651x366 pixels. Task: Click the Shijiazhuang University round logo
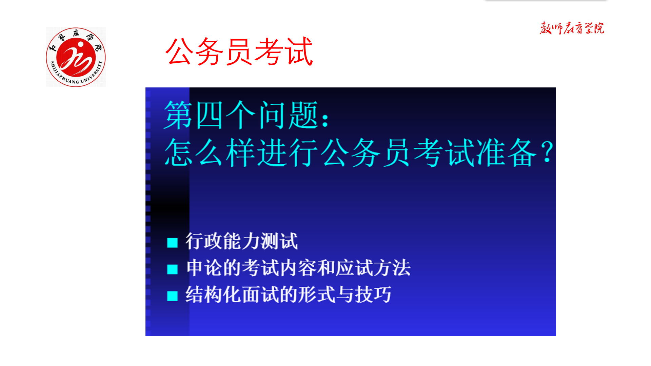pyautogui.click(x=76, y=57)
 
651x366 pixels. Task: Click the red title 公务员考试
pyautogui.click(x=239, y=51)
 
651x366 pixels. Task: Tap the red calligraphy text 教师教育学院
pyautogui.click(x=572, y=28)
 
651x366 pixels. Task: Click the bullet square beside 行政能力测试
pyautogui.click(x=172, y=243)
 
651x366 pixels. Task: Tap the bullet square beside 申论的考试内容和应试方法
pyautogui.click(x=172, y=269)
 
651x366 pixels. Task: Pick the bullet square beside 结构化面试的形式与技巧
pyautogui.click(x=172, y=296)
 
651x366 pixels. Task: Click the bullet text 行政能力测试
pyautogui.click(x=241, y=241)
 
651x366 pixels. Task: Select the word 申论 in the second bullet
pyautogui.click(x=204, y=268)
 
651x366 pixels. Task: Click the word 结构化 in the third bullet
pyautogui.click(x=213, y=294)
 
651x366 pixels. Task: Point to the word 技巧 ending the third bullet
pyautogui.click(x=373, y=294)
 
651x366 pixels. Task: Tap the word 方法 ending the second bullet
pyautogui.click(x=392, y=268)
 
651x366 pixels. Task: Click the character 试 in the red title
pyautogui.click(x=299, y=51)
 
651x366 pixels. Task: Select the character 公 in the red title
pyautogui.click(x=180, y=51)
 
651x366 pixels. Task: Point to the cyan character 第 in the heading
pyautogui.click(x=178, y=115)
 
